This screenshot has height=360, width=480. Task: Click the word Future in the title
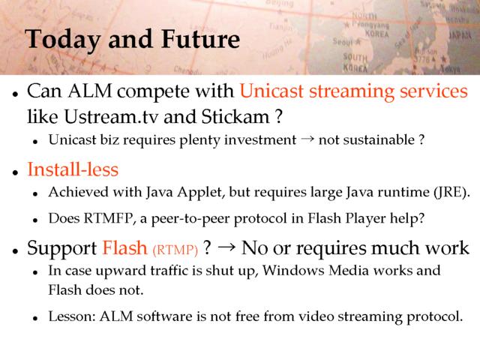coord(200,39)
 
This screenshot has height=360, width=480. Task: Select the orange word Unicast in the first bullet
coord(271,91)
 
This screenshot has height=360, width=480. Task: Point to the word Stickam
coord(235,117)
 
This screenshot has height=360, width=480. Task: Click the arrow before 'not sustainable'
coord(307,139)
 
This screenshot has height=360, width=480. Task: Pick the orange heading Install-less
coord(73,169)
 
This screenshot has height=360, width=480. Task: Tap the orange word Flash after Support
coord(125,247)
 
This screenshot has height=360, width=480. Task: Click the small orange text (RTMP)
coord(175,250)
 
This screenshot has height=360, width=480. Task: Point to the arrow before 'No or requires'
coord(226,247)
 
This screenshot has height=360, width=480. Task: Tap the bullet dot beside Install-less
coord(16,172)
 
